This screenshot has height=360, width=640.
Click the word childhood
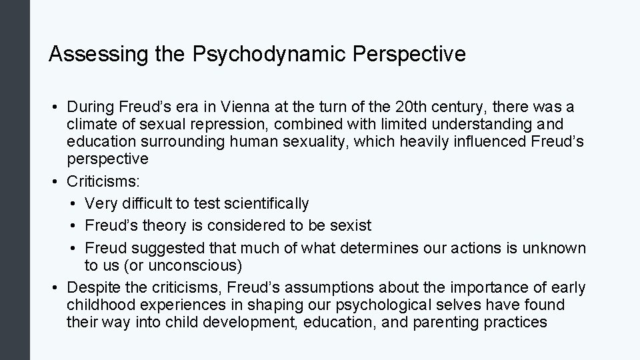[x=98, y=305]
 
